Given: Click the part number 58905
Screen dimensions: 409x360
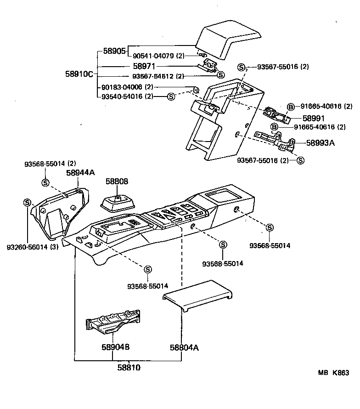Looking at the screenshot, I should pos(114,51).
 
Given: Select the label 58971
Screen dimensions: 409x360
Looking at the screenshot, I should pos(145,66).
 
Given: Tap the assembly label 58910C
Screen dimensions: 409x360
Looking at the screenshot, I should pos(79,74).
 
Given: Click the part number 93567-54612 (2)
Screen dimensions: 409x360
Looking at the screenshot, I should pos(158,76).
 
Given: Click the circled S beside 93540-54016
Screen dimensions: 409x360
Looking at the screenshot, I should pos(171,96).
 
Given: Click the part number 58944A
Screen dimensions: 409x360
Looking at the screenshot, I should pos(80,172).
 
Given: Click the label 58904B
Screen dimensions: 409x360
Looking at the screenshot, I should pos(112,348).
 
